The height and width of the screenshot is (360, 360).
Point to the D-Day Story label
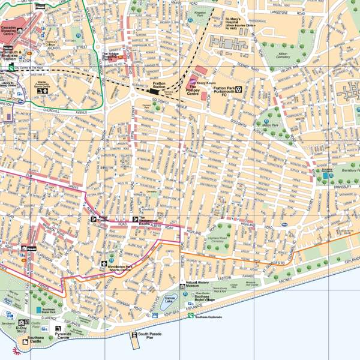coord(22,330)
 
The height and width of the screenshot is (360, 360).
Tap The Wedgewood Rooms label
coord(148,220)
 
